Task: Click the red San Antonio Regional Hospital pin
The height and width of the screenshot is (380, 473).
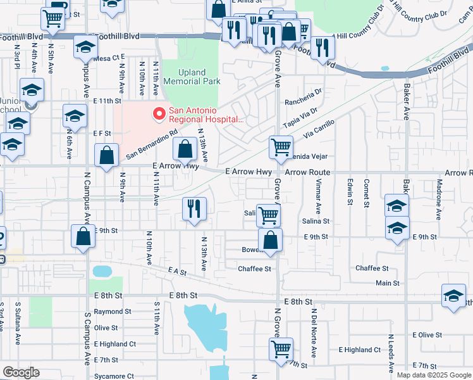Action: pyautogui.click(x=159, y=115)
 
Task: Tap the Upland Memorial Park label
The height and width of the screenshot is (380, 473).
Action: pyautogui.click(x=192, y=77)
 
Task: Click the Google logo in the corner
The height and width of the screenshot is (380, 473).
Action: pyautogui.click(x=20, y=372)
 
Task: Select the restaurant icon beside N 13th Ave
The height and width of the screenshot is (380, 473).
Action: pyautogui.click(x=193, y=208)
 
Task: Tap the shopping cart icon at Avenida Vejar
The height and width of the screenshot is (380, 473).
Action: pyautogui.click(x=280, y=147)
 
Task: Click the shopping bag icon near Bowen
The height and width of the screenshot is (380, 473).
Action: pyautogui.click(x=270, y=241)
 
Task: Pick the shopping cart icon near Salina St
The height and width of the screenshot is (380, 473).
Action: pyautogui.click(x=268, y=215)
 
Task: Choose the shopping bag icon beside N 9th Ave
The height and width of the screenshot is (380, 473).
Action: pyautogui.click(x=107, y=156)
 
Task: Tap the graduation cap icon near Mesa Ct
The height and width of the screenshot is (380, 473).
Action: pyautogui.click(x=85, y=47)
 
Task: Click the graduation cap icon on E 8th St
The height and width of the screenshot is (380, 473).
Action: pyautogui.click(x=453, y=296)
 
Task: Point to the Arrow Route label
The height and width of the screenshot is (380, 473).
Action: pyautogui.click(x=307, y=172)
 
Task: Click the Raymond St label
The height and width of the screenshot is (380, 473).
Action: pyautogui.click(x=113, y=312)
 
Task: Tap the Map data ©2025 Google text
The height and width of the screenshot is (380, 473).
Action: pyautogui.click(x=433, y=375)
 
